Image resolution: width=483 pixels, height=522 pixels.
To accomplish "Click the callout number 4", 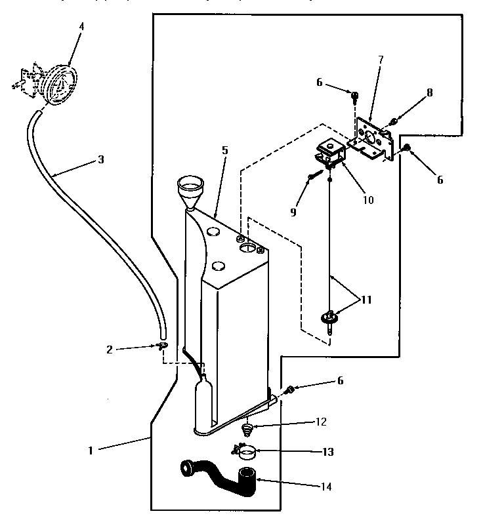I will (x=81, y=26).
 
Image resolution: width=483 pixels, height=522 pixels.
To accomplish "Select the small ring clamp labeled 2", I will (x=161, y=345).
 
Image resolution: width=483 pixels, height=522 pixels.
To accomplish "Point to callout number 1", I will (x=91, y=451).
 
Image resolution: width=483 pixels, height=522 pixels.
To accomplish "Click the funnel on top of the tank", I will (x=192, y=188).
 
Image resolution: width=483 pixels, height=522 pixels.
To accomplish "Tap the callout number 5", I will (x=224, y=150).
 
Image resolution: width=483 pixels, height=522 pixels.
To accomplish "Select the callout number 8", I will (x=430, y=92).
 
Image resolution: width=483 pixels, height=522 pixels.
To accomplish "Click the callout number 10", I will (x=367, y=199).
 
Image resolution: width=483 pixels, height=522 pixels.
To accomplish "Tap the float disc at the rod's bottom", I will (x=330, y=319).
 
